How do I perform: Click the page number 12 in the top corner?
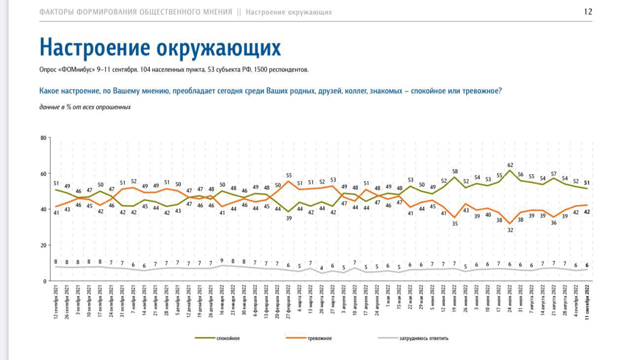[588, 12]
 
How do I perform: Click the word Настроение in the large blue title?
[94, 47]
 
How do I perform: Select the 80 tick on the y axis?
[42, 138]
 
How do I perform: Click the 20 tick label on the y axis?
[42, 245]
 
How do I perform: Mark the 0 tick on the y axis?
[44, 281]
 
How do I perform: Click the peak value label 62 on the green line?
[510, 165]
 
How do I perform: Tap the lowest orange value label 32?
[510, 230]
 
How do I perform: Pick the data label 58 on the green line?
[455, 172]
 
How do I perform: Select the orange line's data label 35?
[455, 223]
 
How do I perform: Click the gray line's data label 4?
[322, 268]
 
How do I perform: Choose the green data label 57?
[554, 174]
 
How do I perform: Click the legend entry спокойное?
[228, 338]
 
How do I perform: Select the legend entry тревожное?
[319, 338]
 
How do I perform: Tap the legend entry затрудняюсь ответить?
[424, 338]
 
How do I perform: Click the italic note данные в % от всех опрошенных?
[85, 107]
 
